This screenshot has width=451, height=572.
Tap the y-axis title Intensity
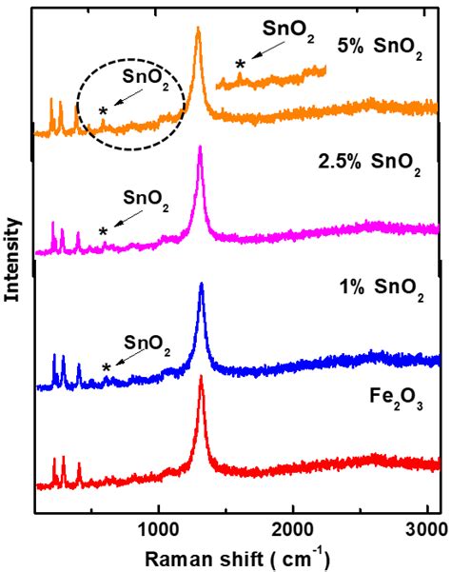click(x=13, y=259)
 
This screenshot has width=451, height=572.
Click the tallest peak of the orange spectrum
click(x=198, y=30)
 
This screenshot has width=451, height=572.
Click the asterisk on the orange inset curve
click(x=240, y=64)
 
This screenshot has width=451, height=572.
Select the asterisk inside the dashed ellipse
click(x=103, y=112)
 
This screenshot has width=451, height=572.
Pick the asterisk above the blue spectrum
click(x=107, y=368)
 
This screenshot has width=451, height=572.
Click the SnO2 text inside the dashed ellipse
click(x=147, y=82)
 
